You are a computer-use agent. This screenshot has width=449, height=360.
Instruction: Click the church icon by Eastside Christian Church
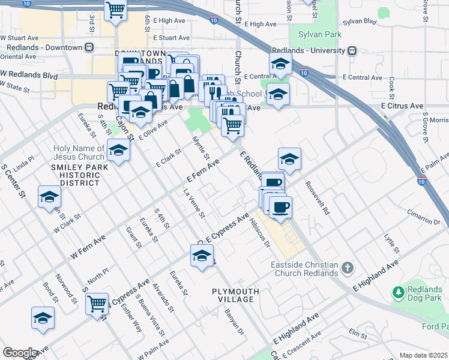346,267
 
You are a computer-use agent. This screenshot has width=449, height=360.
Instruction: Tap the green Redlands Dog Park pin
397,293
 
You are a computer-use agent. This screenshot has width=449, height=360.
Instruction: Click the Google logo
20,353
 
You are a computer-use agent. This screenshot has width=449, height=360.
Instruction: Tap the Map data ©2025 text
423,355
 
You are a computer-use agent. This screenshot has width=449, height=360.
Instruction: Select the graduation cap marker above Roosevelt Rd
289,158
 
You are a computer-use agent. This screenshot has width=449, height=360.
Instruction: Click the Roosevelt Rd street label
318,197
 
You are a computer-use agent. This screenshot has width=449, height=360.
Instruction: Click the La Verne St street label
194,203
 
